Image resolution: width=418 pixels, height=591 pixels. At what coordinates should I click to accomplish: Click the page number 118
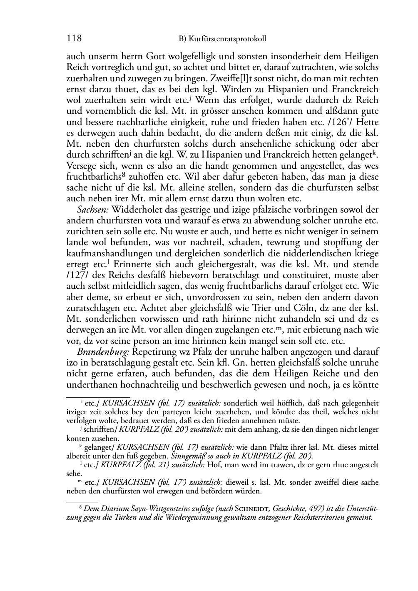74,39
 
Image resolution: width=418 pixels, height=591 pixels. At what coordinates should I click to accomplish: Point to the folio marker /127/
77,275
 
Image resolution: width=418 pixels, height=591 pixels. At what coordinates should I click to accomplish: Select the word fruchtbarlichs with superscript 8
91,177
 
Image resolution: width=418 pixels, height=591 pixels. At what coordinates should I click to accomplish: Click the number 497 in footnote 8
318,509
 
